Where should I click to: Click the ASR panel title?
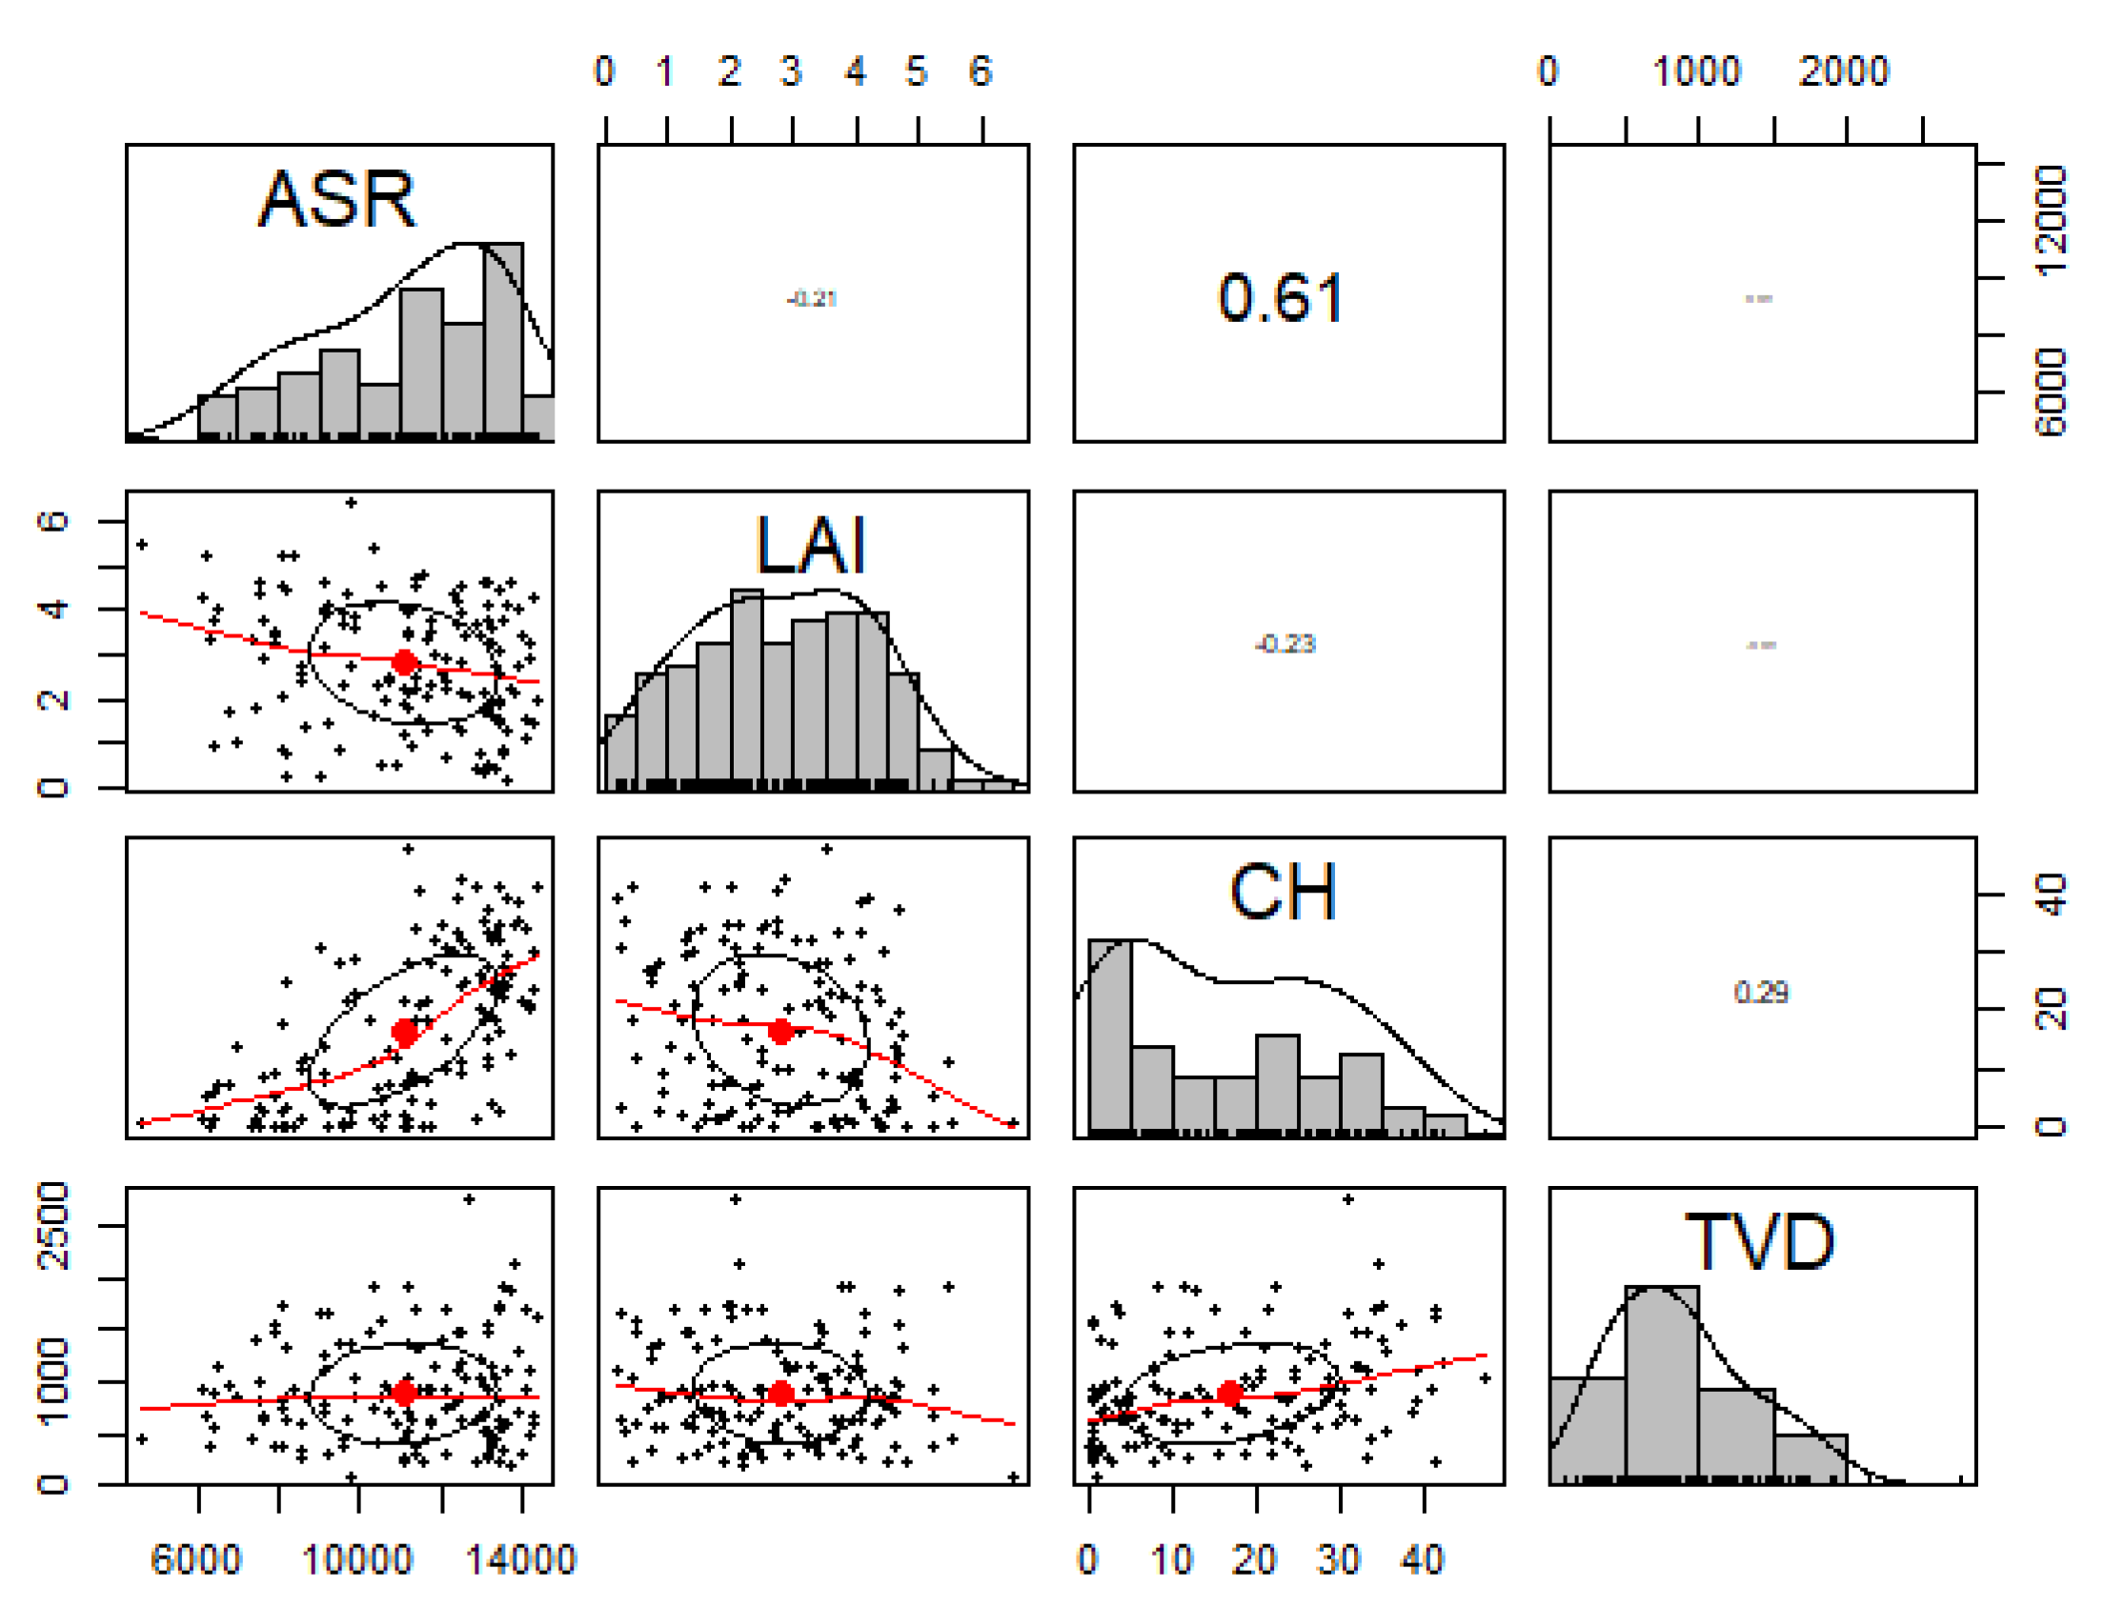(x=337, y=200)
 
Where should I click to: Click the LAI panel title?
(x=810, y=546)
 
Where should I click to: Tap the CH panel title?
(x=1283, y=892)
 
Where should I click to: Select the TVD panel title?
(x=1759, y=1242)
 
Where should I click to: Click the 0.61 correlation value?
(x=1281, y=297)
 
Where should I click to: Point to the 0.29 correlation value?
(x=1759, y=993)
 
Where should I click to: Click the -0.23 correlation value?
(x=1285, y=644)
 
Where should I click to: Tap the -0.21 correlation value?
(x=812, y=298)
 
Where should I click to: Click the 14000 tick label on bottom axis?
(x=520, y=1560)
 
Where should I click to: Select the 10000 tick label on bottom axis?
(x=357, y=1560)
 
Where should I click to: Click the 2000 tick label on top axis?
(x=1843, y=71)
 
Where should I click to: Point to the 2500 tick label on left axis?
(x=52, y=1226)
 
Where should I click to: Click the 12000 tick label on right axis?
(x=2051, y=222)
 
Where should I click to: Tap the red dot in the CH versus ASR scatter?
(x=405, y=1033)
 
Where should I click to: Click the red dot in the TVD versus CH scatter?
(x=1230, y=1394)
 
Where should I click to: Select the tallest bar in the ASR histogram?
(x=502, y=340)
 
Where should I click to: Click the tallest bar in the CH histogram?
(x=1109, y=1034)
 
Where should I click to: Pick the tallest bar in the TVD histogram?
(x=1662, y=1383)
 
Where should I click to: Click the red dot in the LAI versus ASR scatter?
(x=405, y=662)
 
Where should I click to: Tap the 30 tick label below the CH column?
(x=1338, y=1560)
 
